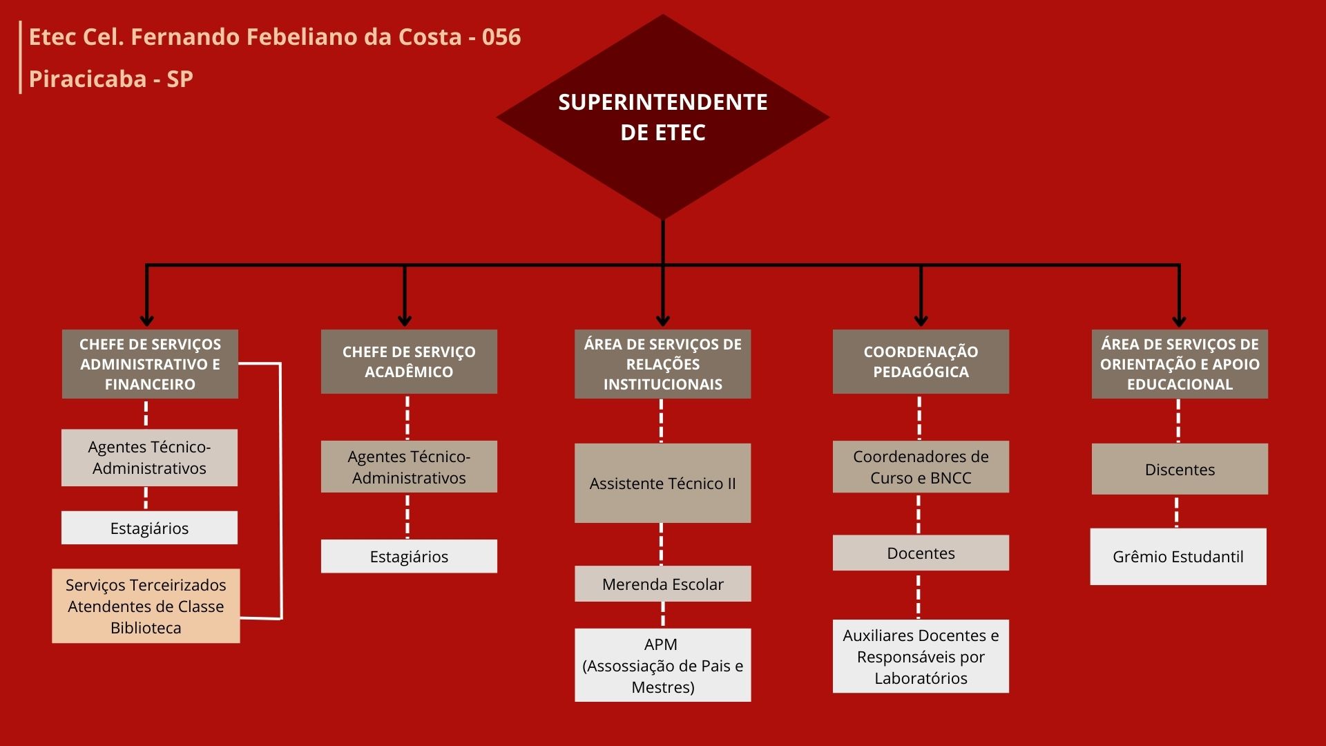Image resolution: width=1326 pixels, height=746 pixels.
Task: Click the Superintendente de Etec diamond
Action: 663,117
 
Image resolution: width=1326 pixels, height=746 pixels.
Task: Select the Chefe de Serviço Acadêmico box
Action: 409,361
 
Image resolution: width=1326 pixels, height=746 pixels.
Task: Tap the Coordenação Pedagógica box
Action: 921,361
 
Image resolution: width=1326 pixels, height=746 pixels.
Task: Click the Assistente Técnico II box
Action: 662,483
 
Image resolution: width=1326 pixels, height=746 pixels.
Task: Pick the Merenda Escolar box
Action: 662,584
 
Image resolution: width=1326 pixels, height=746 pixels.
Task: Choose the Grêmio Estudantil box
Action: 1178,557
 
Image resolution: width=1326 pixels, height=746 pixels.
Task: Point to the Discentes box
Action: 1180,469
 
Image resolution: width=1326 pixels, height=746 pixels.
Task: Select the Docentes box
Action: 921,553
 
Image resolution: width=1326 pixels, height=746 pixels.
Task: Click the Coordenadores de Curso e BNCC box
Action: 921,466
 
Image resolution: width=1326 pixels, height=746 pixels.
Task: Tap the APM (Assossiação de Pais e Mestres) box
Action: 662,665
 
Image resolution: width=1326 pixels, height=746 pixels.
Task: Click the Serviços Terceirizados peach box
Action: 146,606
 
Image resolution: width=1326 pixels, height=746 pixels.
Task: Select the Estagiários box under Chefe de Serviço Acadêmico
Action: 409,556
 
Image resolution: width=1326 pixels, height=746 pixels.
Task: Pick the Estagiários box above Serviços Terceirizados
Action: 149,528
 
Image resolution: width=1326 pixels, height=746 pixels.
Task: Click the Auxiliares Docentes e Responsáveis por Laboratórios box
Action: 921,656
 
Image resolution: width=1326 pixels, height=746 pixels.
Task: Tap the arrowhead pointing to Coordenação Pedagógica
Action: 921,321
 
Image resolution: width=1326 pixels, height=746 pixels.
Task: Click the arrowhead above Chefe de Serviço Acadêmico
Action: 405,321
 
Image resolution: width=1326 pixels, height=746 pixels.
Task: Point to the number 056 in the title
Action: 501,37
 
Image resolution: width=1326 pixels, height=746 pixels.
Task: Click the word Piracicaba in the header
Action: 88,79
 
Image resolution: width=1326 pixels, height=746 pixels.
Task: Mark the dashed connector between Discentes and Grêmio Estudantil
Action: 1177,512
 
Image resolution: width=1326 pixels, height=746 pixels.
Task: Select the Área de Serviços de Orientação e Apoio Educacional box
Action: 1180,364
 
